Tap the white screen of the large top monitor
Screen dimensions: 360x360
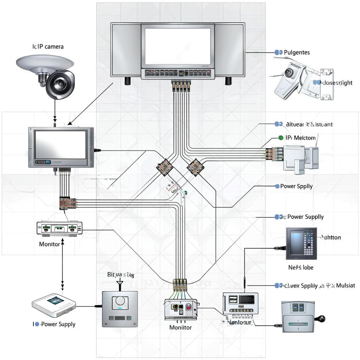click(x=178, y=46)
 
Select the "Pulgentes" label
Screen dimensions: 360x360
click(x=297, y=52)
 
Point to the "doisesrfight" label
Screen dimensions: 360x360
click(x=337, y=83)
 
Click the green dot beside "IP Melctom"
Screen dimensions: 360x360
click(x=281, y=138)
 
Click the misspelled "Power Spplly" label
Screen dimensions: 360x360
click(x=296, y=186)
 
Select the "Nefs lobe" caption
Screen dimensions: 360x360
click(x=301, y=267)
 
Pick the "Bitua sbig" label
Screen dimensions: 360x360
click(x=121, y=275)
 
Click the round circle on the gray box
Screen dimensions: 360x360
click(x=120, y=301)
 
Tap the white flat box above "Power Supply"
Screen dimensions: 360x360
click(x=54, y=303)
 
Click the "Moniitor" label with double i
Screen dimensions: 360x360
click(x=180, y=327)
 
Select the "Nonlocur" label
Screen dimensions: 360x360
click(x=240, y=322)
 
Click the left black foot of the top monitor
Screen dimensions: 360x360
click(x=127, y=81)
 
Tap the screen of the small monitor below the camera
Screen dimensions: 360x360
click(x=60, y=145)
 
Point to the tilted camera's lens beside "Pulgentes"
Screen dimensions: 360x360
click(x=289, y=72)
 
